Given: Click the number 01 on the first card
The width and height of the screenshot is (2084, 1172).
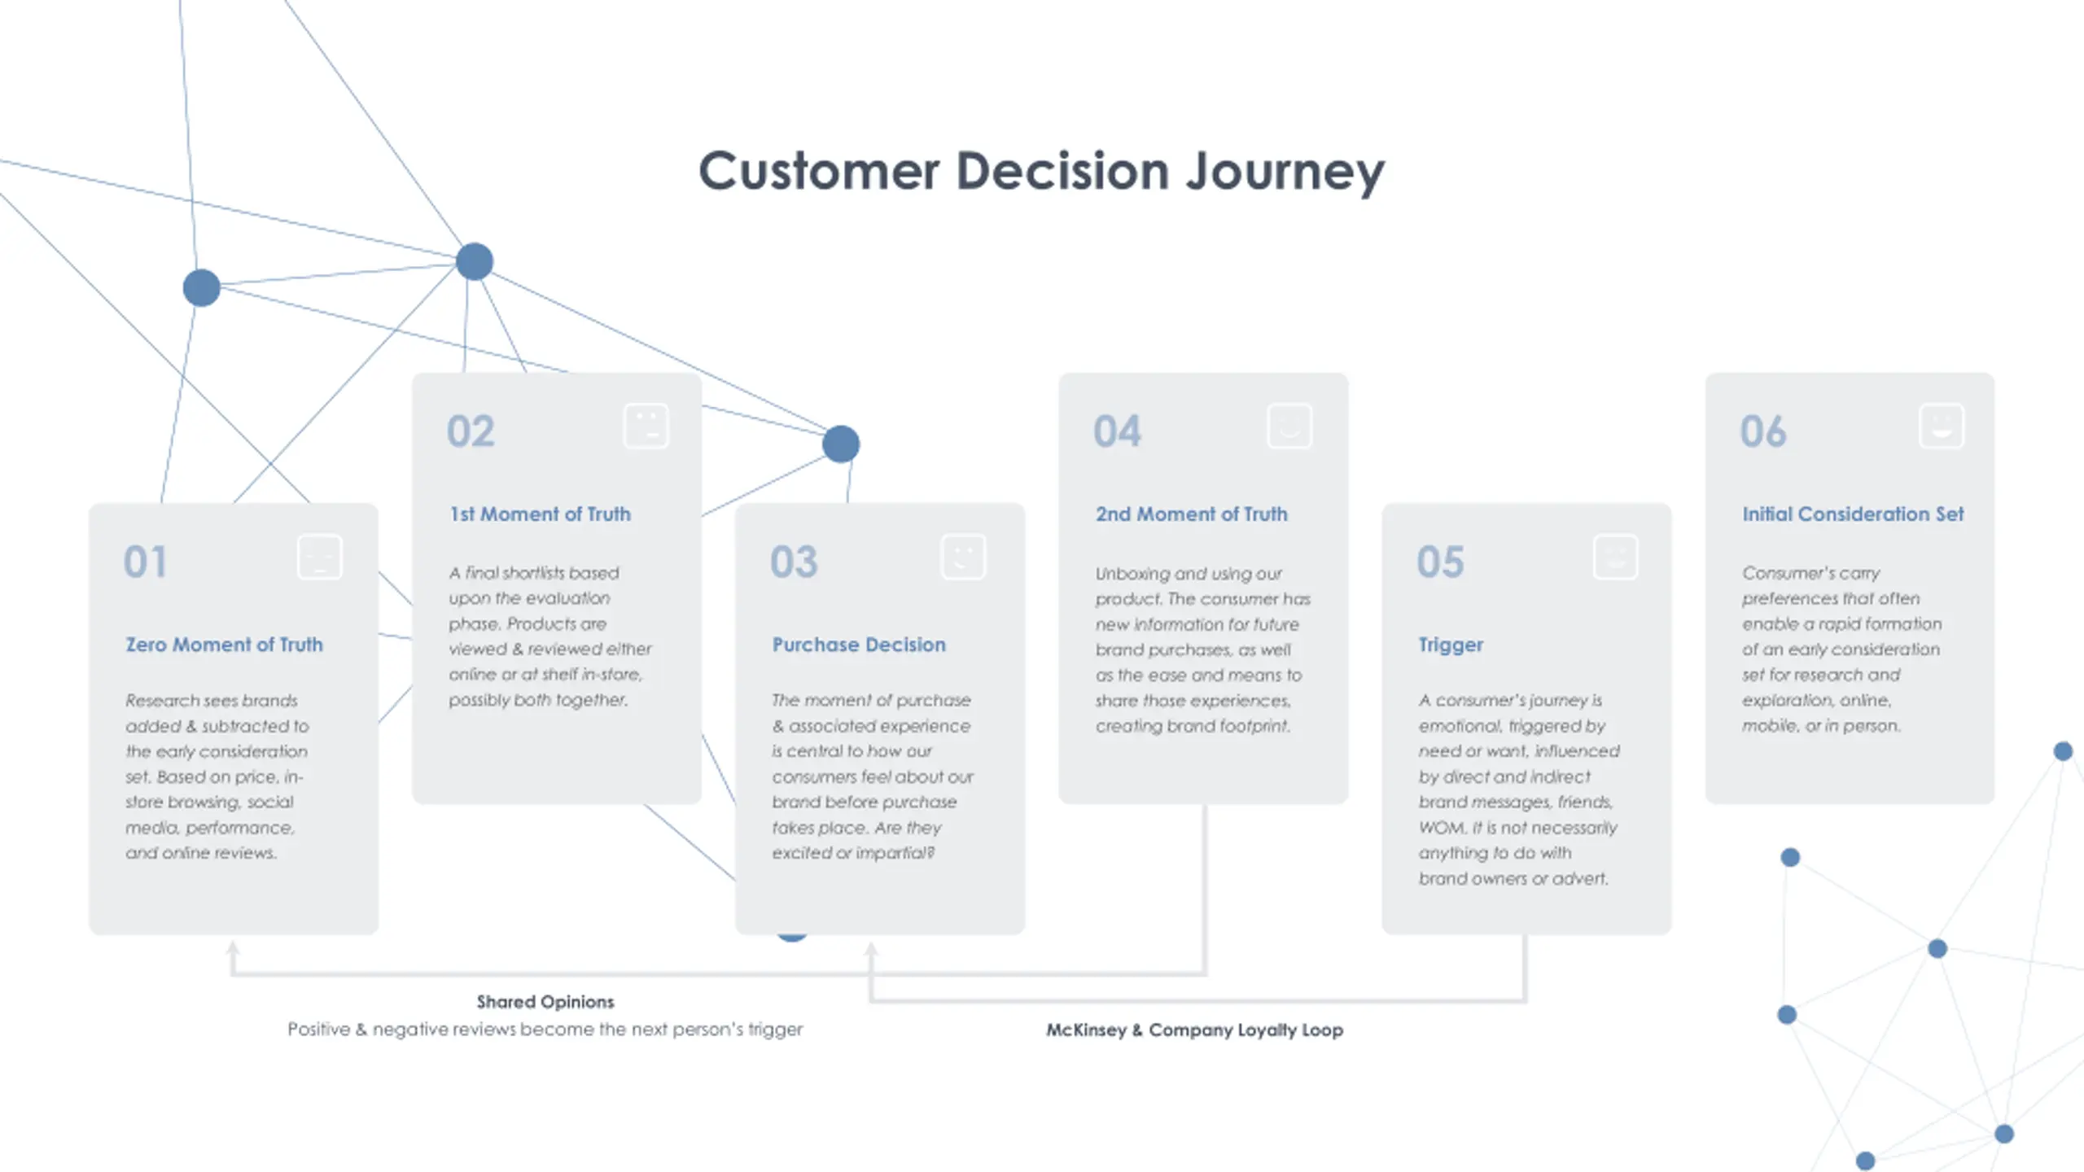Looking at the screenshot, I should click(145, 562).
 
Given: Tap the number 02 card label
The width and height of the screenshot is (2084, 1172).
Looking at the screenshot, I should click(471, 431).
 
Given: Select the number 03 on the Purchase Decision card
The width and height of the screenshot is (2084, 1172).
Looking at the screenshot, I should click(794, 562).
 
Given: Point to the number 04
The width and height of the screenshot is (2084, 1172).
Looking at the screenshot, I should click(1117, 431).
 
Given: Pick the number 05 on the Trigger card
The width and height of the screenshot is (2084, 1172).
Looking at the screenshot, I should click(1440, 562).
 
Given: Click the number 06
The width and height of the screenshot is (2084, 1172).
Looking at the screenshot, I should click(1763, 431).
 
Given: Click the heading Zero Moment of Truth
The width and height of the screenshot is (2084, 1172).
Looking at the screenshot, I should click(224, 645).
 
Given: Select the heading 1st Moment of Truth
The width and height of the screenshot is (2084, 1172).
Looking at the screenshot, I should click(541, 514).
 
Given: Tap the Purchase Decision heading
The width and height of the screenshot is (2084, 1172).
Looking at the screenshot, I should click(859, 645).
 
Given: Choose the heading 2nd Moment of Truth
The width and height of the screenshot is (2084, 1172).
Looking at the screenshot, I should click(1191, 514).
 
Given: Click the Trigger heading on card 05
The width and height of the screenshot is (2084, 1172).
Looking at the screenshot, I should click(1451, 645).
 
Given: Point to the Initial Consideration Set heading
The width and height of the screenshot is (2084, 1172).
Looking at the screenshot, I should click(1853, 514).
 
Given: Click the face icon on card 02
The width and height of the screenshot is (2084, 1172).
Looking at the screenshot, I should click(646, 426).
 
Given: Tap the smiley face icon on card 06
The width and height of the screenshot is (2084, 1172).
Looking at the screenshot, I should click(1942, 426).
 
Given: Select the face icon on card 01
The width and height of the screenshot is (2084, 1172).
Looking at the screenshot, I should click(320, 557).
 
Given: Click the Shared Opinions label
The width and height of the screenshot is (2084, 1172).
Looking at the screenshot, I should click(545, 1002).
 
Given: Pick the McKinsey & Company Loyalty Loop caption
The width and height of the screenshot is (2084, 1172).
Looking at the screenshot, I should click(1194, 1030).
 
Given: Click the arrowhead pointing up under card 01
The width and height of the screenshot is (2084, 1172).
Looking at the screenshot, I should click(233, 948).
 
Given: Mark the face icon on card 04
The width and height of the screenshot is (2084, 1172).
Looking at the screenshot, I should click(1289, 426).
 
